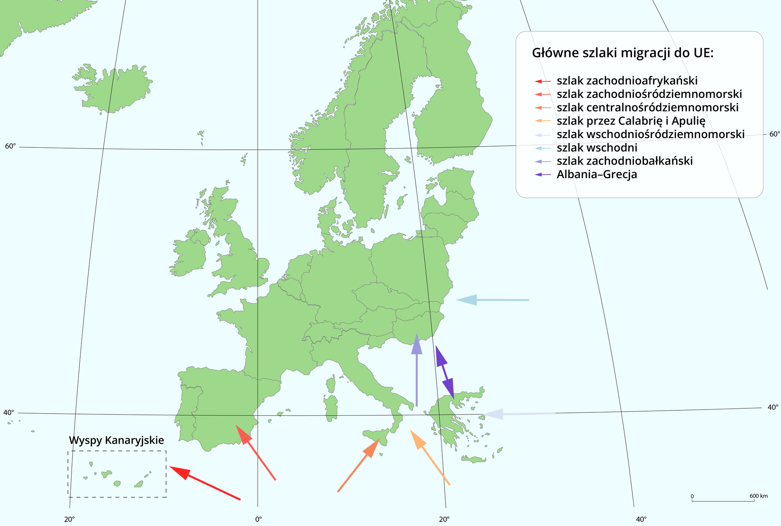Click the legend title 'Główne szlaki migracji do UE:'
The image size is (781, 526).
(x=623, y=53)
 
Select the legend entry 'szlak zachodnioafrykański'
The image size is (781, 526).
(x=627, y=81)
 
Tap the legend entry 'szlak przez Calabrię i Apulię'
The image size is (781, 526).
(x=630, y=121)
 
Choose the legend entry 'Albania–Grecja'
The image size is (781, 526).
(x=597, y=175)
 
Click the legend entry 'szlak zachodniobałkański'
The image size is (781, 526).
(x=624, y=161)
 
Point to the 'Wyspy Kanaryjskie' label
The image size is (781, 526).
(x=116, y=440)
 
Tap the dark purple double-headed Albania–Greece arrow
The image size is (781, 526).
(x=444, y=372)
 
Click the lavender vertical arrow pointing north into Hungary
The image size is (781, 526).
(x=416, y=370)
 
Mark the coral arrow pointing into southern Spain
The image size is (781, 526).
(x=256, y=452)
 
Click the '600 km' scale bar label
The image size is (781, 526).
(x=758, y=496)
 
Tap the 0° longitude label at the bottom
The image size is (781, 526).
(x=258, y=519)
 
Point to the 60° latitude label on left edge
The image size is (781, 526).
(x=10, y=146)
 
